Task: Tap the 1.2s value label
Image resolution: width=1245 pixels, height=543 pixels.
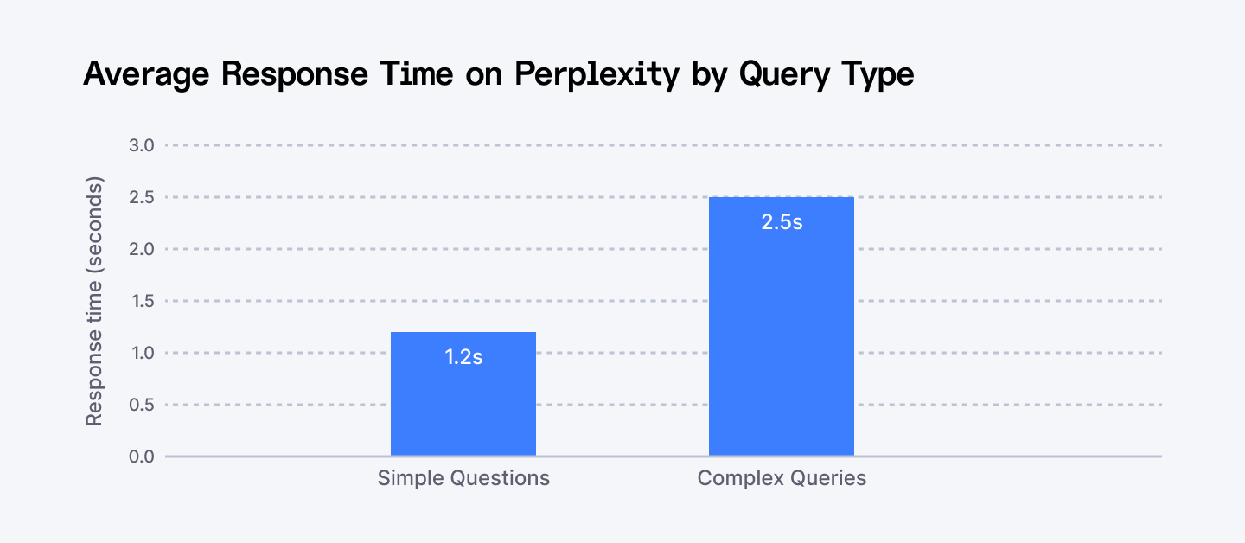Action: [463, 357]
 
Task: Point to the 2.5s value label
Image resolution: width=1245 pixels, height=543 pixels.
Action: [782, 222]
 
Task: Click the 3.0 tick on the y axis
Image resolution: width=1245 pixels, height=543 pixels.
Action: [142, 145]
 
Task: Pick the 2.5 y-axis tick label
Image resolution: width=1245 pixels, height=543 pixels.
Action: [142, 197]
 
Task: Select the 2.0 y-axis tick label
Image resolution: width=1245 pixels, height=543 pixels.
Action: [142, 249]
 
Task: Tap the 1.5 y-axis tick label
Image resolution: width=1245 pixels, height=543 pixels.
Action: [142, 301]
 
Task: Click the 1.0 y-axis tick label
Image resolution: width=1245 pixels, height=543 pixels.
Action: [142, 353]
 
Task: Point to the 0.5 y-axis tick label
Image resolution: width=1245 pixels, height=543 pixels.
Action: [142, 405]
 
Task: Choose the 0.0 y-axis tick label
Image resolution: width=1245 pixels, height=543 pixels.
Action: [142, 457]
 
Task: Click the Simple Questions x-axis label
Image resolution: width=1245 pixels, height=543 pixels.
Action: [463, 478]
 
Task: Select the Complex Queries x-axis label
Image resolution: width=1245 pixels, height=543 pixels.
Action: [782, 478]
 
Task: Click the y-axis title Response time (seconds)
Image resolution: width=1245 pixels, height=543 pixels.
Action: [94, 301]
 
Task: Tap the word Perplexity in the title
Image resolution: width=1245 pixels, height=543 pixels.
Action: [597, 74]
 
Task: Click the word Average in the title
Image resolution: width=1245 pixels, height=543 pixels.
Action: [145, 74]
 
